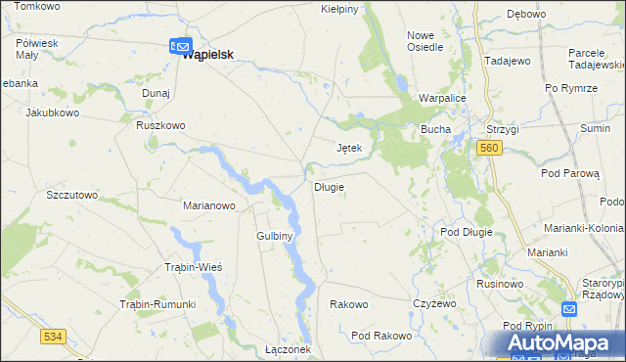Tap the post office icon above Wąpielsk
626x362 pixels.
tap(179, 44)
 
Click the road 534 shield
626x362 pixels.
tap(53, 337)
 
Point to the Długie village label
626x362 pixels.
tap(328, 187)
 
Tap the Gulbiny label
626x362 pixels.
tap(275, 236)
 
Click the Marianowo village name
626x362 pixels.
tap(209, 205)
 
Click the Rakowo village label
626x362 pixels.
tap(348, 304)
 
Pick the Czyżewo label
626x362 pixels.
tap(434, 304)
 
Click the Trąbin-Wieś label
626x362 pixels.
tap(193, 267)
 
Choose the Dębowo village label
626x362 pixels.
tap(525, 14)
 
